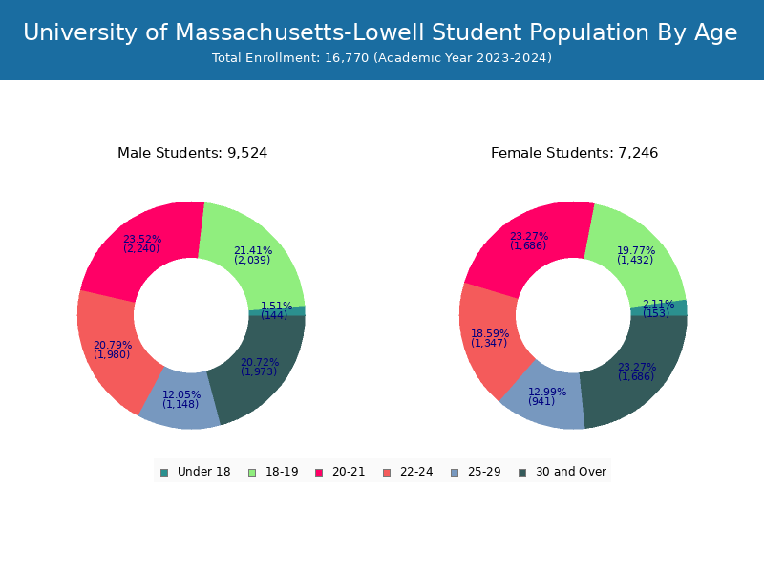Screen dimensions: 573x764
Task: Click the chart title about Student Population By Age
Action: click(x=380, y=32)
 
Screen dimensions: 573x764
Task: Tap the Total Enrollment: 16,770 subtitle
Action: click(x=382, y=58)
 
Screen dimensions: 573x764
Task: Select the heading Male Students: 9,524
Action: click(x=192, y=153)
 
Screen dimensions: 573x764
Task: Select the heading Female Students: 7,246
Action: click(x=574, y=153)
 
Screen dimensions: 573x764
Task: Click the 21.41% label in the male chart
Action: click(x=252, y=251)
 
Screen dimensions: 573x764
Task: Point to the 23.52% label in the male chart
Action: click(x=142, y=240)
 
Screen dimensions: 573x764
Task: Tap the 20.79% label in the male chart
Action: click(x=112, y=346)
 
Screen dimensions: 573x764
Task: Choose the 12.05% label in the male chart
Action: click(x=181, y=395)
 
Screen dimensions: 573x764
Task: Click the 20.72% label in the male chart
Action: click(x=260, y=363)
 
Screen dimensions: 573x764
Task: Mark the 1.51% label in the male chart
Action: click(x=276, y=307)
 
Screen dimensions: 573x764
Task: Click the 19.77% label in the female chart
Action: click(x=635, y=251)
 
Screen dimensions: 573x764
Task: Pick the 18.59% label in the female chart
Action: click(x=489, y=334)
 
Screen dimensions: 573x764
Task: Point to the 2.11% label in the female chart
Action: click(x=658, y=305)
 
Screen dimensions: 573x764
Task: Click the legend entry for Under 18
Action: click(x=195, y=472)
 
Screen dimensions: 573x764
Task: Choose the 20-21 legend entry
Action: click(x=340, y=472)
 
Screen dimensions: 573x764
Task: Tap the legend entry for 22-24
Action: click(x=407, y=472)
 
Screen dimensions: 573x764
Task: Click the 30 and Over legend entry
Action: click(x=562, y=472)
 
